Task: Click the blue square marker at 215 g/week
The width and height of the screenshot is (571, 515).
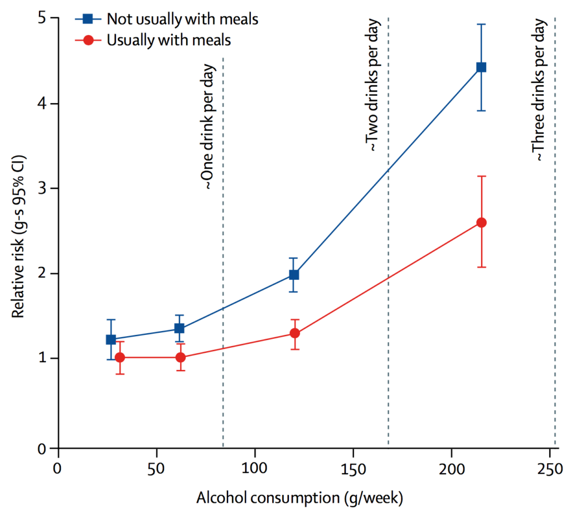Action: pos(481,67)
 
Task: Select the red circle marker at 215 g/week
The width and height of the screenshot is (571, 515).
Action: pos(481,222)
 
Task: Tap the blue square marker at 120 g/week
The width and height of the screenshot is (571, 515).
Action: pos(294,275)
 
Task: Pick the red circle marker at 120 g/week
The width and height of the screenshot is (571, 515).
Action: pos(294,333)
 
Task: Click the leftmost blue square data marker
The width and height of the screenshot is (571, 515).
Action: pos(110,339)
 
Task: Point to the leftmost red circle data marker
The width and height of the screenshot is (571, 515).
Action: pos(120,357)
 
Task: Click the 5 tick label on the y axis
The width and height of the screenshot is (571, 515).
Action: pos(41,18)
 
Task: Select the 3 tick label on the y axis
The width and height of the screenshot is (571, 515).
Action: pos(41,188)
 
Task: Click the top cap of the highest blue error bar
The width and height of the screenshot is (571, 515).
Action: pos(481,25)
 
